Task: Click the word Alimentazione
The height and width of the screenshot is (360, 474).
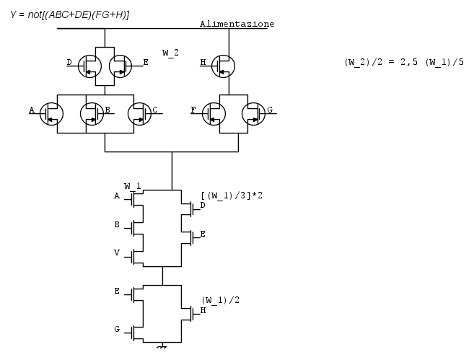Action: pos(237,24)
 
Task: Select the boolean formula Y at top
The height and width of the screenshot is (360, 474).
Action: pos(69,14)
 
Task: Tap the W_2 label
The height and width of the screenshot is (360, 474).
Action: pos(170,53)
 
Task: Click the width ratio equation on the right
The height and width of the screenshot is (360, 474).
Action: pos(404,62)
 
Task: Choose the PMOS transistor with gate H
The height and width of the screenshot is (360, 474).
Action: pos(224,64)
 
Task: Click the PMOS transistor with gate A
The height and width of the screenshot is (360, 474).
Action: pos(52,113)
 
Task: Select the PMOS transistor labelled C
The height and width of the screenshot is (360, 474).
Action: pos(139,113)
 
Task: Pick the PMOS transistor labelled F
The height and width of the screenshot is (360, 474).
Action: pos(214,113)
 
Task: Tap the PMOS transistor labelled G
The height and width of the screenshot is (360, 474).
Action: pos(253,113)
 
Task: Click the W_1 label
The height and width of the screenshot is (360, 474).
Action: pos(132,186)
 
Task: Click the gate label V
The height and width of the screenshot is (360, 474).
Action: pos(117,253)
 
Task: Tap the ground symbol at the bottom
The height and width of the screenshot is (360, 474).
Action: pos(162,347)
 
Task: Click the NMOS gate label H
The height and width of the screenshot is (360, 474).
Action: pos(203,311)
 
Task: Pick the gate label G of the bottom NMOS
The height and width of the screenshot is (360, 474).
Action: pos(117,329)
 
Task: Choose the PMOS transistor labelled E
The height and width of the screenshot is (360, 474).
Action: pos(120,65)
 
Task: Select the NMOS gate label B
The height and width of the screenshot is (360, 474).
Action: pos(117,224)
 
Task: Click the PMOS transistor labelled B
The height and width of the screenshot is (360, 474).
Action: pos(91,113)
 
